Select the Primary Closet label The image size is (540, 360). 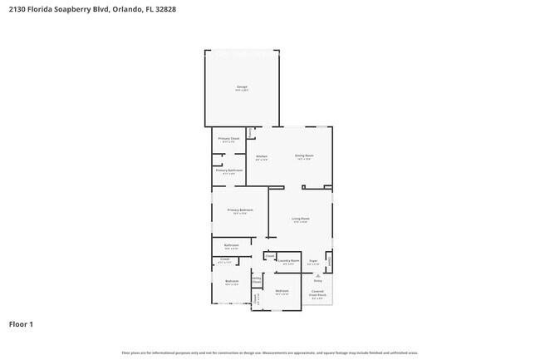point(229,139)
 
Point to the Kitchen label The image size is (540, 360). point(261,156)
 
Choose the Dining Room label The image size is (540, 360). point(304,155)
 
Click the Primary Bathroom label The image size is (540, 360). point(230,170)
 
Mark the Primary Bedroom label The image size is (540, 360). point(240,210)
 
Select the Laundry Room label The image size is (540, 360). point(288,260)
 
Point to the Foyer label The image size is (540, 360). point(313,261)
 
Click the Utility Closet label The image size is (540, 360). point(257,280)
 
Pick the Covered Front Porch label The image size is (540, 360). point(317,293)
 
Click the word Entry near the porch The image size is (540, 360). point(317,281)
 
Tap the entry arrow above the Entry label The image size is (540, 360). point(317,274)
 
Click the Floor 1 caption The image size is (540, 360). point(21,323)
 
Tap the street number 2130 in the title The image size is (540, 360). point(17,10)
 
